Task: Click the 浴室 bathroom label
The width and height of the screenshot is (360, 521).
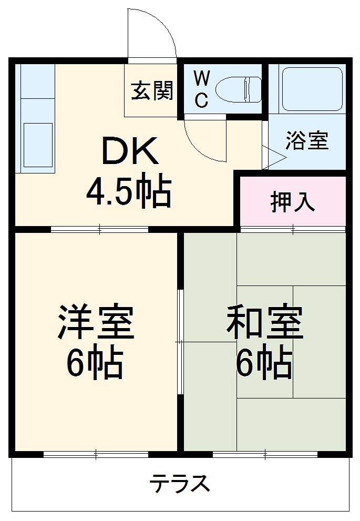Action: click(x=307, y=141)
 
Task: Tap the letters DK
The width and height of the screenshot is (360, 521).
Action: click(x=129, y=151)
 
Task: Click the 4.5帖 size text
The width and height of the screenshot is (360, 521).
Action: click(x=129, y=192)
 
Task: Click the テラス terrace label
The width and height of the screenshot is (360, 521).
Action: click(x=180, y=483)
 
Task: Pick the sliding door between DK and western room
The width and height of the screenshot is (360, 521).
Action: click(x=100, y=229)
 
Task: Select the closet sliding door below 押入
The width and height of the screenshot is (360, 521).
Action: click(x=293, y=229)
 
